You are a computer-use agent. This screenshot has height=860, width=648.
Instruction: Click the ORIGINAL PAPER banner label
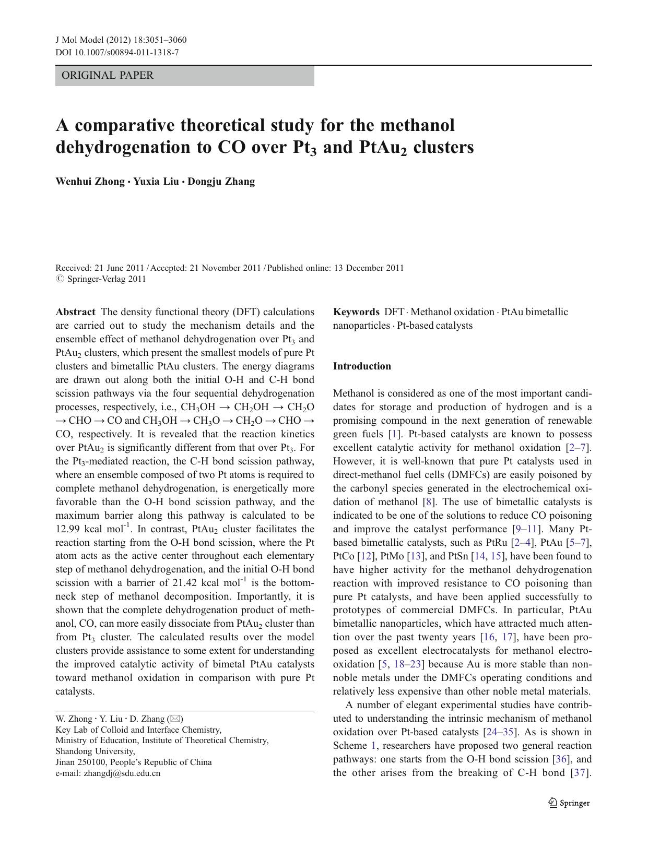(x=108, y=76)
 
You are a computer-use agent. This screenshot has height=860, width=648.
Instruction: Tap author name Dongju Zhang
(x=221, y=182)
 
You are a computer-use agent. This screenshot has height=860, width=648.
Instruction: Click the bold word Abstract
(x=75, y=312)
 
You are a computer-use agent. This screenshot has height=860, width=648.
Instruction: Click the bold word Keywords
(x=356, y=312)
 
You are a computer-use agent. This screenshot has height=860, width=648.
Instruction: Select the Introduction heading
(x=362, y=366)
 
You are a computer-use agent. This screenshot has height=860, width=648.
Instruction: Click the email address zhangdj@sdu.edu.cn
(x=122, y=773)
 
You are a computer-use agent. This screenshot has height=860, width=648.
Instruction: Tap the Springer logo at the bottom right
(x=569, y=803)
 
